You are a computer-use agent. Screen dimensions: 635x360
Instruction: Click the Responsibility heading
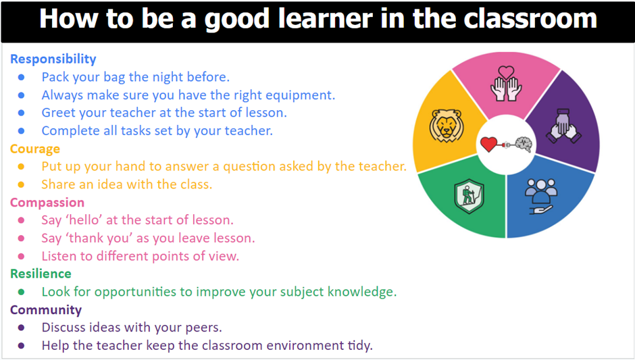tap(53, 59)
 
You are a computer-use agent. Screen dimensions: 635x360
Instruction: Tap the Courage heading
tap(35, 149)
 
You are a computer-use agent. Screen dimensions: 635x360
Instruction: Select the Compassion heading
tap(47, 203)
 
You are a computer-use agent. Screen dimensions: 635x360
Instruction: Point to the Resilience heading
tap(41, 274)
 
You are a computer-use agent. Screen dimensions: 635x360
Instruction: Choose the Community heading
tap(46, 310)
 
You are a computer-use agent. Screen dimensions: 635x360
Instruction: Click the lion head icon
tap(446, 126)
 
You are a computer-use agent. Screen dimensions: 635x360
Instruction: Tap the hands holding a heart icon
tap(506, 84)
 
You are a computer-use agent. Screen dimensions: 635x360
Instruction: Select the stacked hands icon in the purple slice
tap(563, 126)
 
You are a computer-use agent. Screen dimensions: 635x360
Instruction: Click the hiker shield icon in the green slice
tap(469, 197)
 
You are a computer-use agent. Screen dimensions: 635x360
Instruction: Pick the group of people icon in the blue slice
tap(541, 197)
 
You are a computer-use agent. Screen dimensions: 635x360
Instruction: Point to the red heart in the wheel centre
tap(489, 145)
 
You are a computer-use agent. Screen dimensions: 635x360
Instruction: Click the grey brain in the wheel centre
tap(524, 144)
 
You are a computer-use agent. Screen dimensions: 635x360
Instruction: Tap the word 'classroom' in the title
tap(530, 19)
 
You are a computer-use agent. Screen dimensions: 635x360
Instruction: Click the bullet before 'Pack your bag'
tap(21, 77)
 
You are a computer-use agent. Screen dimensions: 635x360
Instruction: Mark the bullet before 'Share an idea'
tap(21, 184)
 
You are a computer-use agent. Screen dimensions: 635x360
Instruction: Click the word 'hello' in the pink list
tap(85, 220)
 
